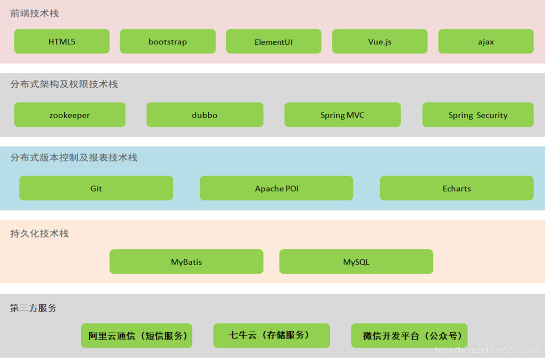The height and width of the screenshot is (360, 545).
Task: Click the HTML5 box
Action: pos(62,41)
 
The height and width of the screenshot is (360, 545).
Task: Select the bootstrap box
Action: pos(167,41)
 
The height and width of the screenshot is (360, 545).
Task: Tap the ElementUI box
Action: pos(273,41)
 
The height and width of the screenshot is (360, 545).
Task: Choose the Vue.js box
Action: pos(380,41)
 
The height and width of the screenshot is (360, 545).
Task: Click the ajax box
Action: pos(486,41)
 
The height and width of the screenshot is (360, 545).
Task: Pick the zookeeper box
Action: pos(70,115)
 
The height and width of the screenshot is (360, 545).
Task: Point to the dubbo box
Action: pos(205,115)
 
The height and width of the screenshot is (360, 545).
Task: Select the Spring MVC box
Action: pos(342,115)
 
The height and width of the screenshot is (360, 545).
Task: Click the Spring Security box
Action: pos(478,115)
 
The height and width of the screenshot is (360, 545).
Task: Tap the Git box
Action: pos(96,188)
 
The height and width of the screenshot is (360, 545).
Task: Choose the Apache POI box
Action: pos(276,188)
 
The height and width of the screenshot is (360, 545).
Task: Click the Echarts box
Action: pos(456,188)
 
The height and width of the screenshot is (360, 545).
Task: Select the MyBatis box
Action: pos(186,261)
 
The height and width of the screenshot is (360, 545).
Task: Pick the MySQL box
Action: pos(356,261)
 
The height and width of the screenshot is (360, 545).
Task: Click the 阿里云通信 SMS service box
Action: pos(136,336)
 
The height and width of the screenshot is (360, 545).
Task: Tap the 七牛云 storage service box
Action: pos(272,335)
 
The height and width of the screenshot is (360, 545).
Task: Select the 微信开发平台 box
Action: pos(409,336)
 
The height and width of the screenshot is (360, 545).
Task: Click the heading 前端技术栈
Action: pos(34,13)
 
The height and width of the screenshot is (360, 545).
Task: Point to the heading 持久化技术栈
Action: pos(39,233)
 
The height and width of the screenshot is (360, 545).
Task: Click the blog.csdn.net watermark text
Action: pos(488,351)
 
